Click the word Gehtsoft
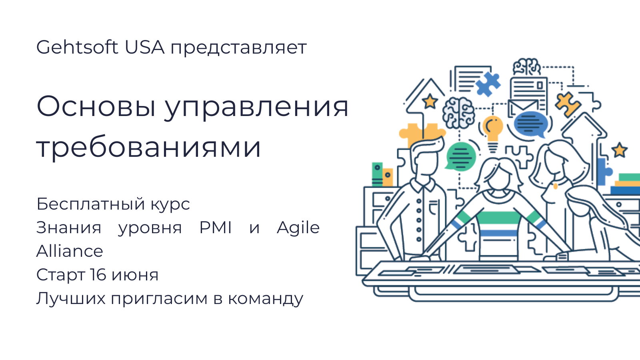click(77, 47)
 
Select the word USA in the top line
click(144, 47)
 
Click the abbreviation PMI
click(216, 228)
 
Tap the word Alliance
click(70, 251)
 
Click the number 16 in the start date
click(98, 274)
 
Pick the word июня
click(135, 276)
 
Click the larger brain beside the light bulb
click(458, 113)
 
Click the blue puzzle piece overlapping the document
click(488, 84)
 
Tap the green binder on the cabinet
click(377, 174)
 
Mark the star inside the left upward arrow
click(430, 102)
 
